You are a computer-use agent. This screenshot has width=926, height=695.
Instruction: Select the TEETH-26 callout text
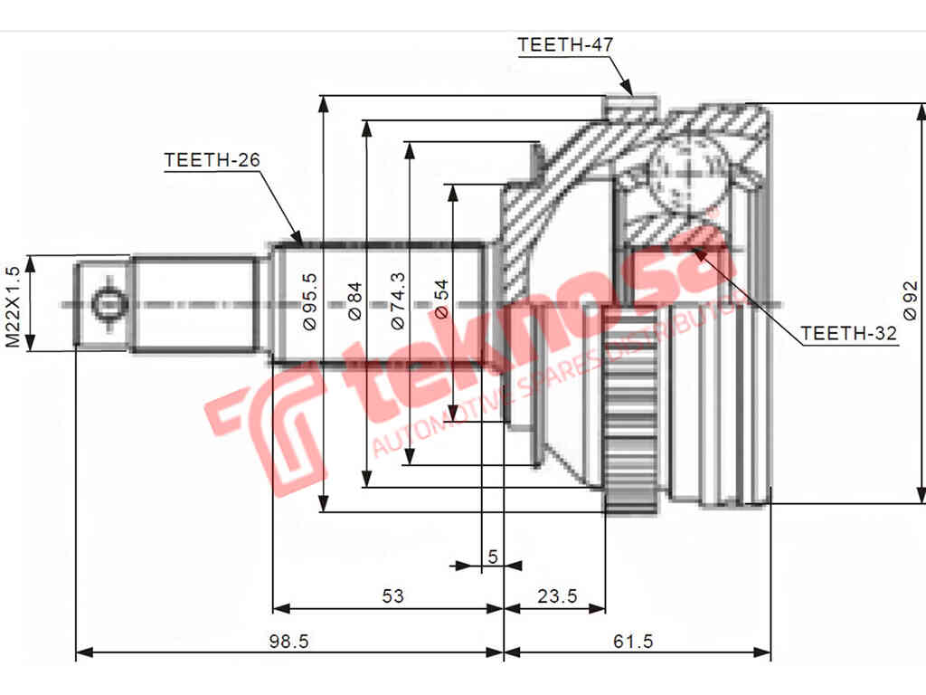coord(212,160)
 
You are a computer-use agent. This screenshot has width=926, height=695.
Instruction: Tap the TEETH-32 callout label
coord(848,334)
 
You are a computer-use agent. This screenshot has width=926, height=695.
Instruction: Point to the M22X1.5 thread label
coord(13,307)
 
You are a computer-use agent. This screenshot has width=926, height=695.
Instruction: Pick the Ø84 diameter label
coord(354,300)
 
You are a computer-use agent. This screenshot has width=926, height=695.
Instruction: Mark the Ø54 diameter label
coord(441,300)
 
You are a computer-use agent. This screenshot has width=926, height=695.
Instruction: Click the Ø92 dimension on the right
coord(911,300)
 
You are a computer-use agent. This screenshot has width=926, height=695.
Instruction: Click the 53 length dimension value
coord(392,595)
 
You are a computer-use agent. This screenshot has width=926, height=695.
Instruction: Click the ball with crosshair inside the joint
coord(686,172)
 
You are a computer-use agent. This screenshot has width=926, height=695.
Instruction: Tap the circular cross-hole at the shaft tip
coord(107,304)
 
